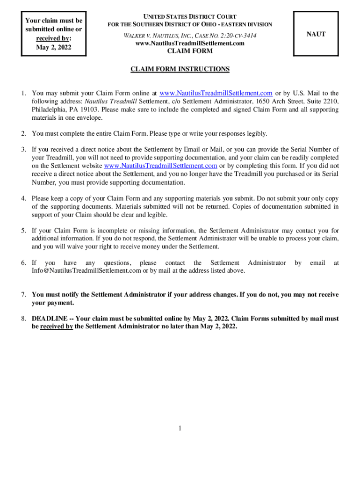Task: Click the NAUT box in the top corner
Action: tap(316, 34)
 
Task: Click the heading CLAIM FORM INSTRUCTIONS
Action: tap(180, 69)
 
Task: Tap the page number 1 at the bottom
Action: tap(180, 428)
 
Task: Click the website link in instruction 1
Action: tap(216, 93)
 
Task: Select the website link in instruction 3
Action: tap(160, 166)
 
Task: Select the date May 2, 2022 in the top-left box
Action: tap(54, 47)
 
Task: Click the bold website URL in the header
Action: tap(190, 43)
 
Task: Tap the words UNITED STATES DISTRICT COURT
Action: tap(189, 17)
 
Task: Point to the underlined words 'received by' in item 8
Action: tap(56, 327)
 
